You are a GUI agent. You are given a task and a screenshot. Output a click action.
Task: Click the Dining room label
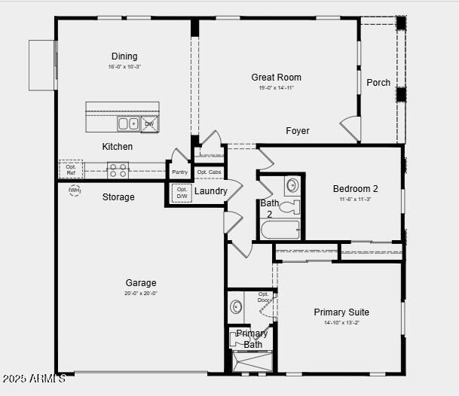tap(124, 56)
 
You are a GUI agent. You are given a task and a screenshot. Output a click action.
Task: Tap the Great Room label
tap(276, 77)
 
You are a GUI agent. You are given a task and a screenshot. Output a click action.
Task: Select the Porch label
tap(378, 82)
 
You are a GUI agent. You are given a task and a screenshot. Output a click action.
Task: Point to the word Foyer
tap(298, 131)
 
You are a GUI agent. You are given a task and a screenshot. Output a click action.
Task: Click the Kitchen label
tap(118, 147)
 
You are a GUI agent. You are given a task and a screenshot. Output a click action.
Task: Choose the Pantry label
tap(179, 172)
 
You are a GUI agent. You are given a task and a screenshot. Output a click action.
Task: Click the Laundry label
tap(211, 191)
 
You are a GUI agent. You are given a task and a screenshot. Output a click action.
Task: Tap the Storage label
tap(118, 197)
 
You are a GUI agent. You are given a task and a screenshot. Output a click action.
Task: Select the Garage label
tap(141, 283)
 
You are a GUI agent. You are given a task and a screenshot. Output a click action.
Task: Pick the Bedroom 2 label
tap(356, 189)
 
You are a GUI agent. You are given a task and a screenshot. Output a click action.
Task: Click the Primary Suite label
tap(341, 312)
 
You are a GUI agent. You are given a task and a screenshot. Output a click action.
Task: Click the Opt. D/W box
tap(182, 193)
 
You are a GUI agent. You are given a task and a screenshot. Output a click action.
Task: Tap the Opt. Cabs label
tap(209, 172)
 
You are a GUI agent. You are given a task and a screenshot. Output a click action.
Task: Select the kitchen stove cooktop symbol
tap(118, 170)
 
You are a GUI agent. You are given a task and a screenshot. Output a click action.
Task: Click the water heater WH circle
tap(75, 190)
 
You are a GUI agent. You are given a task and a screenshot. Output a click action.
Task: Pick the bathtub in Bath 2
tap(280, 229)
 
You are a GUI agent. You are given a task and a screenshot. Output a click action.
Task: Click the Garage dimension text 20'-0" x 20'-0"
tap(141, 294)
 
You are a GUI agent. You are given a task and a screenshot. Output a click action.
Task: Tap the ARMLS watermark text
tap(33, 378)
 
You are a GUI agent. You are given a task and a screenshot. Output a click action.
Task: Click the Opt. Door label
tap(264, 297)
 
